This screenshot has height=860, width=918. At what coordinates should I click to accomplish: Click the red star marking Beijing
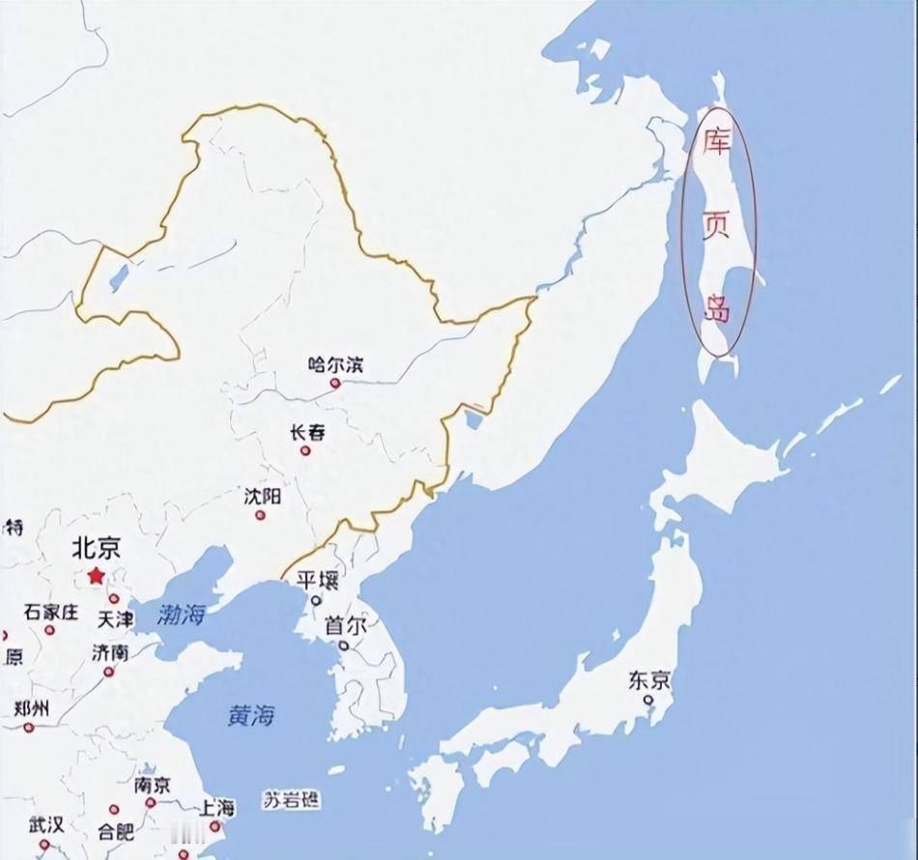click(96, 576)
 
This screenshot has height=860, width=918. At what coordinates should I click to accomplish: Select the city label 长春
click(307, 433)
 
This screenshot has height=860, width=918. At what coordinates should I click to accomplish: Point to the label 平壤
click(317, 580)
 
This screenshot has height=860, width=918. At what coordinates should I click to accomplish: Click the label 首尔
click(345, 625)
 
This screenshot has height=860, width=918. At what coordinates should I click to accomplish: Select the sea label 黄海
click(251, 716)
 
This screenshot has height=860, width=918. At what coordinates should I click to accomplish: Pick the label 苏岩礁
click(292, 800)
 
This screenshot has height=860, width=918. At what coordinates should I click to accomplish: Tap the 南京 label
click(152, 785)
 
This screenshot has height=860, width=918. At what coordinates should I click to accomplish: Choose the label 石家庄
click(51, 612)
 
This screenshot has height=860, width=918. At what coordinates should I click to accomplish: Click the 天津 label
click(116, 618)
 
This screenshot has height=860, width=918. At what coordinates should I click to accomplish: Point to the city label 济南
click(110, 652)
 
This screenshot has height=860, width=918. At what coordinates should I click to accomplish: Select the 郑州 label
click(31, 708)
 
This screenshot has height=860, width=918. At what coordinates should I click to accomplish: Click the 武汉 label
click(45, 824)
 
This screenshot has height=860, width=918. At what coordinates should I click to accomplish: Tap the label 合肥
click(116, 830)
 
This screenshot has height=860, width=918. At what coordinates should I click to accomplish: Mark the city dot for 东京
click(649, 700)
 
